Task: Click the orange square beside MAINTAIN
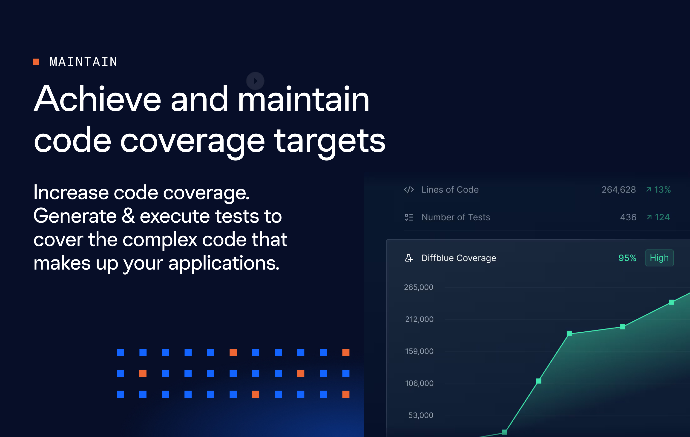(x=36, y=62)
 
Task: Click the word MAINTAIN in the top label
(x=83, y=62)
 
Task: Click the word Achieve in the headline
(x=98, y=99)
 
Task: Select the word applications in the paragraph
(x=224, y=263)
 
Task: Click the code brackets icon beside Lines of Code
(x=409, y=190)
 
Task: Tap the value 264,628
(x=619, y=190)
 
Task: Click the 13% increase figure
(x=658, y=190)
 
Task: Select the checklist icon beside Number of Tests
(x=409, y=217)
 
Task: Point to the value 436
(x=628, y=217)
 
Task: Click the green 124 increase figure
(x=658, y=217)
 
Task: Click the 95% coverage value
(x=627, y=258)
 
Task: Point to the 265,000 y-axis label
(x=419, y=287)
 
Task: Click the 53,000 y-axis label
(x=421, y=415)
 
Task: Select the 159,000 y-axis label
(x=419, y=351)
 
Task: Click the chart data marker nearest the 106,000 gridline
(x=539, y=381)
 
